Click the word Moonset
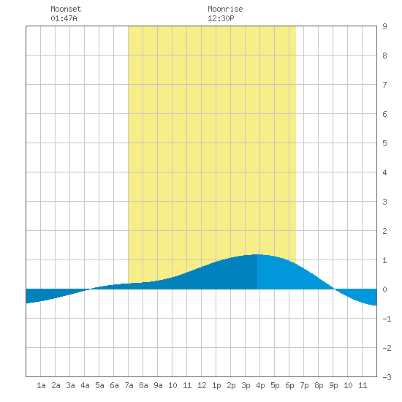[x=66, y=9]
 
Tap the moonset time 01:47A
[x=64, y=18]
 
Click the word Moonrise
[x=225, y=9]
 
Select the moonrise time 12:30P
[x=221, y=18]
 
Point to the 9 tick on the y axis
[x=384, y=26]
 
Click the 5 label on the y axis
[x=384, y=143]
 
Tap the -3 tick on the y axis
[x=387, y=377]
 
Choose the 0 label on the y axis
[x=384, y=289]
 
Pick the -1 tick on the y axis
[x=387, y=319]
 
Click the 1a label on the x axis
[x=41, y=385]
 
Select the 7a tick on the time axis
[x=129, y=385]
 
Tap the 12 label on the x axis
[x=202, y=385]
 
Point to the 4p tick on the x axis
[x=260, y=385]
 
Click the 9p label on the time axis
[x=333, y=385]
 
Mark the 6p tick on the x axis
[x=289, y=385]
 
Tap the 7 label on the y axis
[x=384, y=85]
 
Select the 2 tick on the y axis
[x=384, y=231]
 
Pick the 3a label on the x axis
[x=70, y=385]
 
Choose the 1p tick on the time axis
[x=216, y=385]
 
